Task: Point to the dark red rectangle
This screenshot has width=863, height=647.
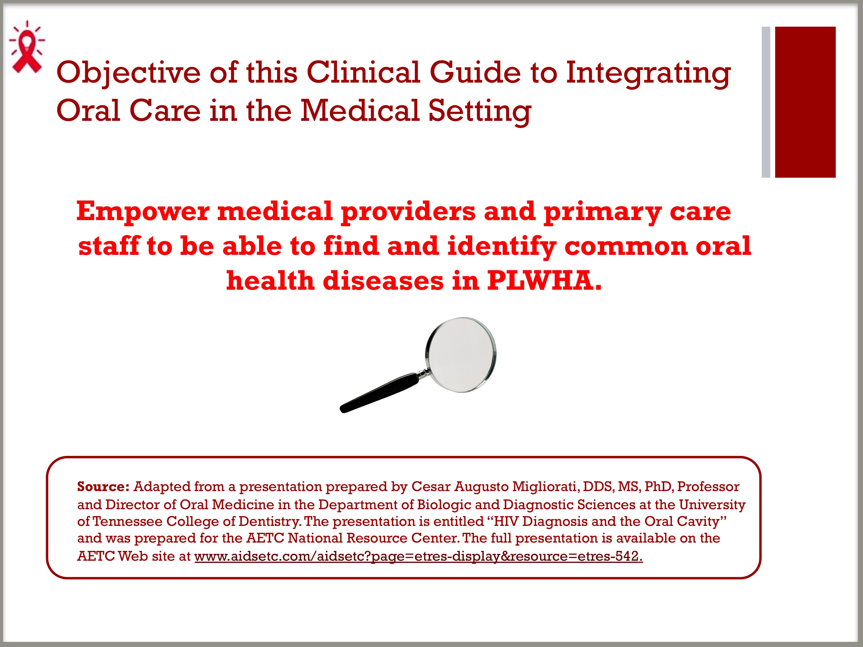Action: click(805, 102)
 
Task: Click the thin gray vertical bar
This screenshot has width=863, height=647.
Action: click(766, 102)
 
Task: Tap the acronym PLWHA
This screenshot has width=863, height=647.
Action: click(544, 281)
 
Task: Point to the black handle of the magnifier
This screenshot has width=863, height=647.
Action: click(378, 393)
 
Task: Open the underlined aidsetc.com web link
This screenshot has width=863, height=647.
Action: click(418, 556)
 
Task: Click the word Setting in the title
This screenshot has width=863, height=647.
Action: click(480, 111)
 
